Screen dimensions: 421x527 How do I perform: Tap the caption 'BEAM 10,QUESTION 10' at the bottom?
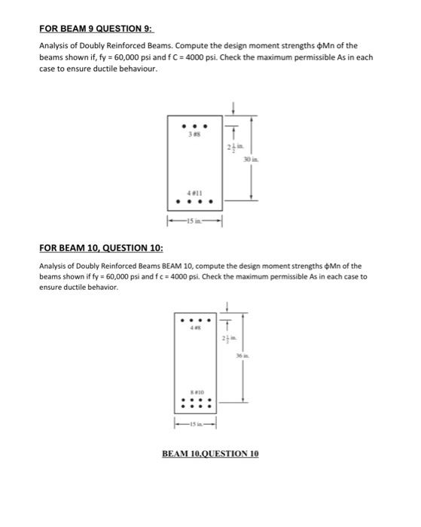[210, 454]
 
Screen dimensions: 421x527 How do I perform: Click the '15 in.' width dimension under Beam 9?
[194, 221]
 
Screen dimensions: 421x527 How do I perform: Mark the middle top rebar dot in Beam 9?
[194, 126]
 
